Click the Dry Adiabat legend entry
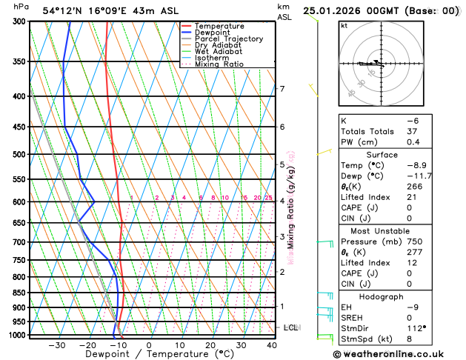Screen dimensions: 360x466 [218, 45]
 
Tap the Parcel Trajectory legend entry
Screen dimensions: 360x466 [229, 39]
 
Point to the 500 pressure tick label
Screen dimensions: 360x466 [19, 155]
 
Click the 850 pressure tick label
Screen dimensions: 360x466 [19, 293]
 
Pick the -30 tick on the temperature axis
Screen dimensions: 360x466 [56, 345]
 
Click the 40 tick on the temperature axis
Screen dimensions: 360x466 [272, 345]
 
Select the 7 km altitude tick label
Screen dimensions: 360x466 [282, 90]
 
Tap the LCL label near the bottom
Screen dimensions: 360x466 [290, 327]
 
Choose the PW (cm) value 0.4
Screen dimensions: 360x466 [413, 142]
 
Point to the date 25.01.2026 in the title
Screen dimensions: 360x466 [335, 11]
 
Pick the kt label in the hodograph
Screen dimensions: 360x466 [344, 25]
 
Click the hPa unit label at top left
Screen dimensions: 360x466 [21, 7]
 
